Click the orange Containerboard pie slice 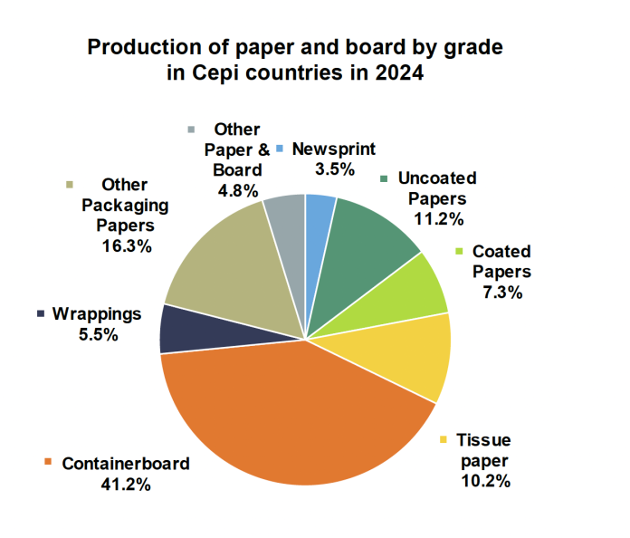290,417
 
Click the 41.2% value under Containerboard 126,484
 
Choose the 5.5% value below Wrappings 98,333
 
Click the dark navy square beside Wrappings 41,314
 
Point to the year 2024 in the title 396,73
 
